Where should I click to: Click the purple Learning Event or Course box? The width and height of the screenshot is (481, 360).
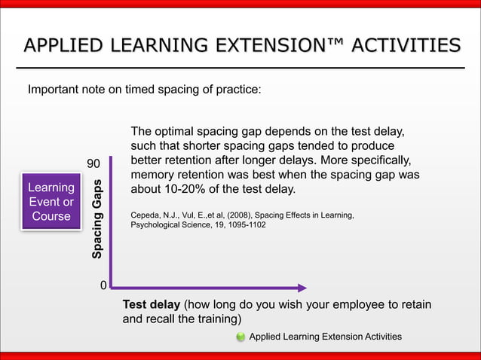click(51, 201)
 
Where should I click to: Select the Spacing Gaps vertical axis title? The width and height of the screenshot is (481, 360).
click(97, 218)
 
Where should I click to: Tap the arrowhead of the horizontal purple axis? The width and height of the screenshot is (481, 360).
click(302, 287)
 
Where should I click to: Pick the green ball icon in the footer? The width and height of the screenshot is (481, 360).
click(240, 337)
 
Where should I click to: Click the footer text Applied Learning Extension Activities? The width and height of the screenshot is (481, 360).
click(325, 337)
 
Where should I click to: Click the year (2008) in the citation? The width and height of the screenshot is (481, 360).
click(242, 215)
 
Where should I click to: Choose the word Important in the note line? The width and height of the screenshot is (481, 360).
click(53, 90)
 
